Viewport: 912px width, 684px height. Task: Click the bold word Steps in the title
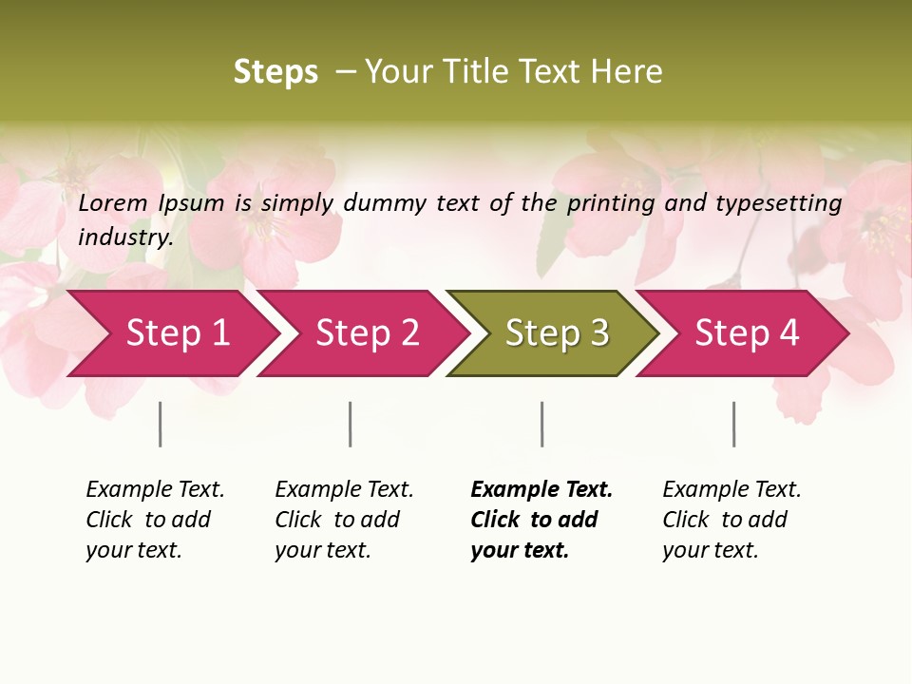tap(275, 72)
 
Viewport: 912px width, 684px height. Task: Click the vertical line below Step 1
tap(161, 424)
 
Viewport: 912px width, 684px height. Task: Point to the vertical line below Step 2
tap(351, 424)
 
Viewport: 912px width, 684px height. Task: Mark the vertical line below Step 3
tap(541, 424)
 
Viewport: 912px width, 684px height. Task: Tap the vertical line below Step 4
tap(733, 424)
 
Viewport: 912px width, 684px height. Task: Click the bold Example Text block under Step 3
tap(541, 520)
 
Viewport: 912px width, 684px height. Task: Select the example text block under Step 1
tap(155, 520)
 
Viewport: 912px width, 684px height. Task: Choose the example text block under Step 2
tap(344, 520)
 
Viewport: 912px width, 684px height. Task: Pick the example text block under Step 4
tap(731, 520)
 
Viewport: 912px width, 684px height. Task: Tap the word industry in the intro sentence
tap(125, 237)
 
